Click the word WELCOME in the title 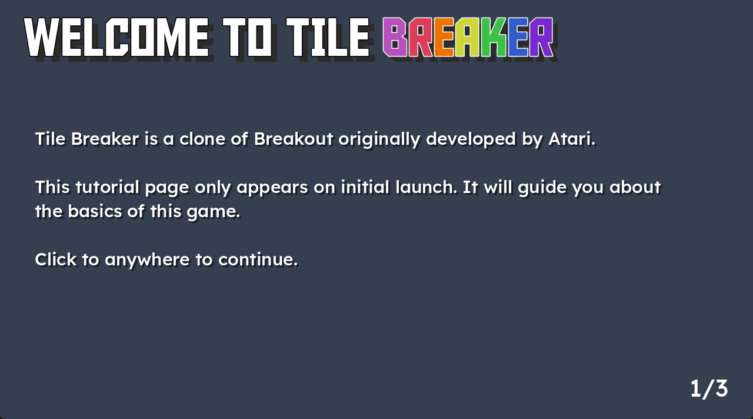point(116,37)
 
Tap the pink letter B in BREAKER point(395,37)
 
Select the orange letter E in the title point(444,37)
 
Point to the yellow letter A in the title point(468,37)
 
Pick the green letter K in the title point(494,37)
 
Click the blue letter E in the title point(518,37)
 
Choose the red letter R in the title point(421,37)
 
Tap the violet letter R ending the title point(541,37)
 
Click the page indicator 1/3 point(709,389)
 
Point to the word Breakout point(294,138)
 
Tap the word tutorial point(107,187)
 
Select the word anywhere point(147,260)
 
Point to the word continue point(258,260)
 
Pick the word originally point(379,139)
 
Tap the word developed point(471,139)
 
